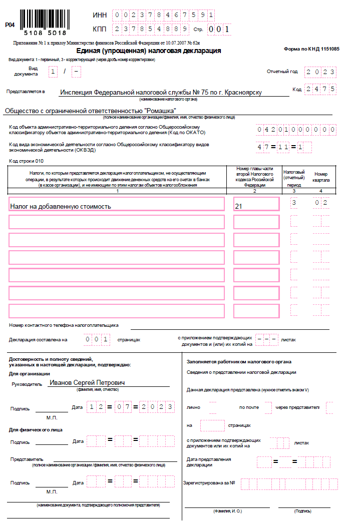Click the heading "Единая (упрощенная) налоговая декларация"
(149, 51)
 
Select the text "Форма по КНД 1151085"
(311, 49)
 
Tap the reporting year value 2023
(321, 72)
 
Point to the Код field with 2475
(321, 89)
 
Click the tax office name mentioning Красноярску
(160, 93)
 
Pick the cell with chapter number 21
(256, 204)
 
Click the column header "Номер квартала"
(321, 177)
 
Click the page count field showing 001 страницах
(97, 339)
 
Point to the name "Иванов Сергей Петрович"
(88, 383)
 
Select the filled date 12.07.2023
(131, 407)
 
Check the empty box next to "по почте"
(268, 407)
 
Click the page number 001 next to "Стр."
(219, 29)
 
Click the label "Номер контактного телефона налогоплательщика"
(64, 325)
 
